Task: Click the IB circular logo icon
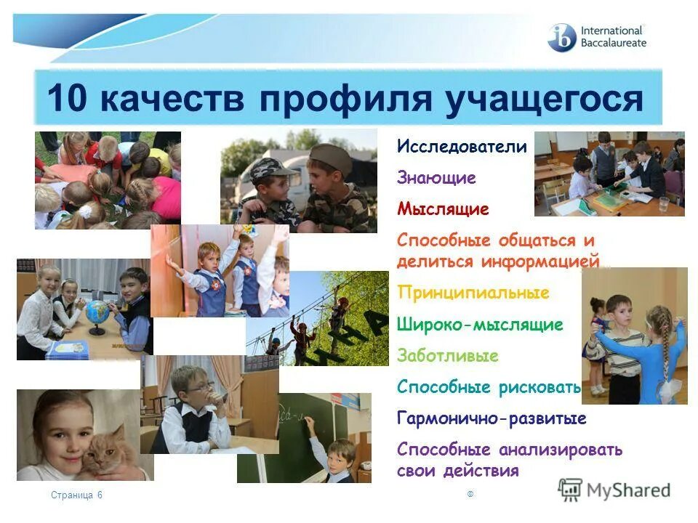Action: pyautogui.click(x=561, y=37)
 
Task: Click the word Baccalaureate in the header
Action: pyautogui.click(x=614, y=43)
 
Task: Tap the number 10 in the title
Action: pyautogui.click(x=67, y=97)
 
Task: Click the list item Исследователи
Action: pyautogui.click(x=462, y=146)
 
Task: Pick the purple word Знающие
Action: pyautogui.click(x=436, y=178)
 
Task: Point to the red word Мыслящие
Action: pyautogui.click(x=443, y=209)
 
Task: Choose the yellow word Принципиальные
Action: pyautogui.click(x=473, y=293)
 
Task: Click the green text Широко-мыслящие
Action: pyautogui.click(x=480, y=325)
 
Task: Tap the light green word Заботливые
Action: pyautogui.click(x=447, y=356)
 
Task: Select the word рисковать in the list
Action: pyautogui.click(x=539, y=387)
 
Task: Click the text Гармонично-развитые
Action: pyautogui.click(x=492, y=418)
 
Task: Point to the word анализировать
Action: pyautogui.click(x=561, y=450)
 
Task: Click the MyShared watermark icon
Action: pyautogui.click(x=570, y=490)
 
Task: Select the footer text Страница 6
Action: pyautogui.click(x=76, y=495)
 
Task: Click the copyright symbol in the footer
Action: pyautogui.click(x=470, y=494)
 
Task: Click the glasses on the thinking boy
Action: pyautogui.click(x=198, y=388)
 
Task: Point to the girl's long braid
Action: pyautogui.click(x=662, y=341)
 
